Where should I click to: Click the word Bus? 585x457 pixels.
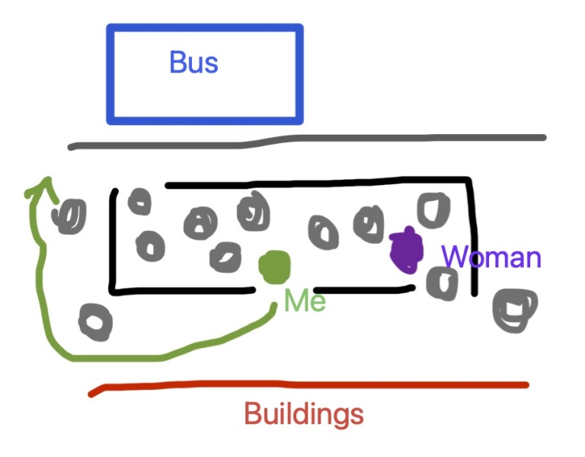[193, 62]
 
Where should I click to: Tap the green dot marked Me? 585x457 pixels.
[274, 267]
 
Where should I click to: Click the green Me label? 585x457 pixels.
[305, 302]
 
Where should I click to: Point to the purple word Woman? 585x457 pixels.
[491, 257]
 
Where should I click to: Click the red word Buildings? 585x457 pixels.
[303, 415]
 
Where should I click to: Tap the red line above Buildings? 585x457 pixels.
[305, 386]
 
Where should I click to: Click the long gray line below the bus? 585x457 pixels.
[305, 140]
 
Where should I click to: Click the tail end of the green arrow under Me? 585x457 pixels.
[274, 306]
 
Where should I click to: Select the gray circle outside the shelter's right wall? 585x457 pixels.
[515, 308]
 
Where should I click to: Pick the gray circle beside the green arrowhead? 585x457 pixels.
[70, 216]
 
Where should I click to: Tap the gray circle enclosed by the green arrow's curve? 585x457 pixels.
[95, 322]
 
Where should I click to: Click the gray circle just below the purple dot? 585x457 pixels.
[442, 283]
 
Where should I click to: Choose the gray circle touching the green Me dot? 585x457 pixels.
[225, 257]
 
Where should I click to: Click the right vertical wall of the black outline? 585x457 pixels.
[473, 236]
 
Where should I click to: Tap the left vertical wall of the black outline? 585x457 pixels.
[113, 240]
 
